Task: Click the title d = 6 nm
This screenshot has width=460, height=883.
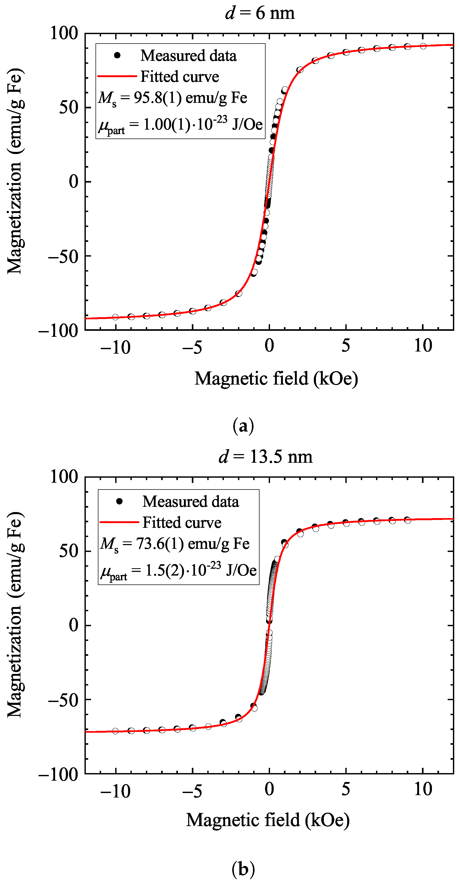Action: coord(260,13)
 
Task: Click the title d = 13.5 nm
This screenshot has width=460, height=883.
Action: coord(265,456)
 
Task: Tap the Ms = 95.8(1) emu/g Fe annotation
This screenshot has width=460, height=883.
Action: coord(172,98)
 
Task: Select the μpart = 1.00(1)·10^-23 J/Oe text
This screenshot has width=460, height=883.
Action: coord(180,125)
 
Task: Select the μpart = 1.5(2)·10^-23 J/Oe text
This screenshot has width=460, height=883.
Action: coord(178,571)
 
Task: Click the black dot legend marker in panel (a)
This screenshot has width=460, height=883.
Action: coord(117,55)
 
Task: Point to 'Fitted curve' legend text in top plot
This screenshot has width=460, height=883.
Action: coord(179,76)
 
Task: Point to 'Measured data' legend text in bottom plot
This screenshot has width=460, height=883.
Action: coord(191,502)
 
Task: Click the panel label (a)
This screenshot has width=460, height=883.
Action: coord(243,426)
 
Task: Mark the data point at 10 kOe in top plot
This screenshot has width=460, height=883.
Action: coord(423,46)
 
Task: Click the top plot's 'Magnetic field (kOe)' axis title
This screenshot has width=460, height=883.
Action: coord(276,379)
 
